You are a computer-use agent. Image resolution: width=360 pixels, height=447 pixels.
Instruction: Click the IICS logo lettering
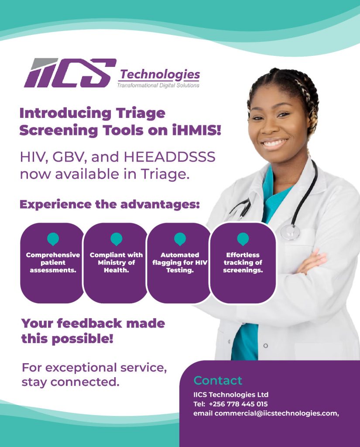70,73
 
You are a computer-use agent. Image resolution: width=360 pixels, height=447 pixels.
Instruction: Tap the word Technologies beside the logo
160,75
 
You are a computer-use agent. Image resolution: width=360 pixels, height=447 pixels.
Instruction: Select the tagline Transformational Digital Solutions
158,86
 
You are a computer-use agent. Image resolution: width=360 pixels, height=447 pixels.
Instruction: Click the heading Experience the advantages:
110,204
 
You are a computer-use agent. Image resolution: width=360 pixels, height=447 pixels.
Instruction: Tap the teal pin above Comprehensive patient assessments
53,238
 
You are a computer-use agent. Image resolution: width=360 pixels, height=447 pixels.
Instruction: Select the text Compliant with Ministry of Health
116,263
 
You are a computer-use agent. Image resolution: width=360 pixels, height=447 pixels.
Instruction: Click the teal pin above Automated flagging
180,238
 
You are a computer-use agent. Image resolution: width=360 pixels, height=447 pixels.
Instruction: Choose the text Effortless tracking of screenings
243,263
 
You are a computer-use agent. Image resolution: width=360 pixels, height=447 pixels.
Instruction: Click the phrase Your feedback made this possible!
93,331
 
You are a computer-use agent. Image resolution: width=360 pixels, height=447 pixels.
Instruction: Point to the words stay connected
70,382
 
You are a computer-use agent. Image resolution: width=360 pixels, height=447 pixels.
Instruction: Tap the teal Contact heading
218,380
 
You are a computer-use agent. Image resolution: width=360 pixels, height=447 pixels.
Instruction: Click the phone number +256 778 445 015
238,404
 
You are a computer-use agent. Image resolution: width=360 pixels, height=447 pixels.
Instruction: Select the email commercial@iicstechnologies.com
276,413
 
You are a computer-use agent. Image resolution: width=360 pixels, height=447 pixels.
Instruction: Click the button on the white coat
265,346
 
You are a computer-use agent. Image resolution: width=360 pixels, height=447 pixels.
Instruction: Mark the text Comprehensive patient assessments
53,263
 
